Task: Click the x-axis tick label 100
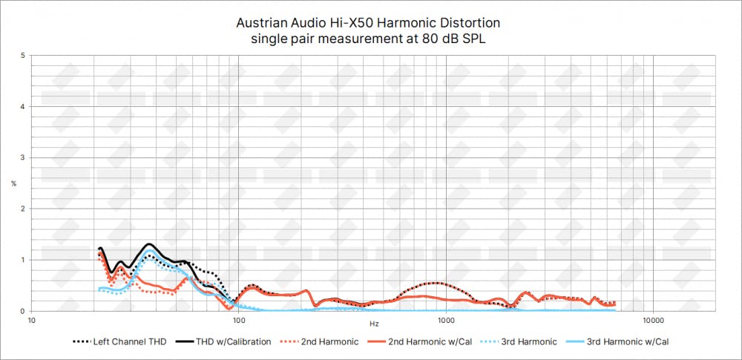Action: (238, 321)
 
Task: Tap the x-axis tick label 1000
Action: (445, 321)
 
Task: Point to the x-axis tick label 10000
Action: (652, 321)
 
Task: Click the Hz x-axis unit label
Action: (373, 324)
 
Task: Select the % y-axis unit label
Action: (13, 183)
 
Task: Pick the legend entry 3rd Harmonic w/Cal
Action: (632, 342)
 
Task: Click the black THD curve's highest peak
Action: (150, 243)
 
